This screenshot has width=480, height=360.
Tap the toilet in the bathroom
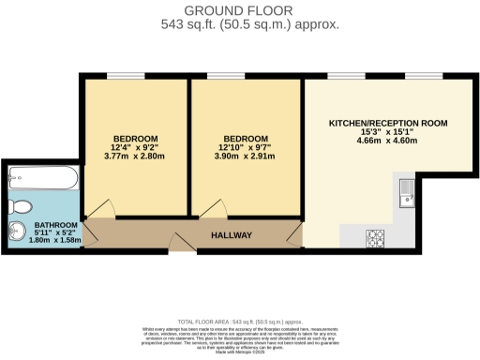(21, 206)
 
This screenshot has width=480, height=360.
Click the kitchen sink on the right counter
(407, 193)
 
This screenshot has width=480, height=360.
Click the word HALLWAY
(231, 235)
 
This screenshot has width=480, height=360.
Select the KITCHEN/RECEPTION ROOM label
(387, 123)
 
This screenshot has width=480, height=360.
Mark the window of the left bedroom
(119, 77)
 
